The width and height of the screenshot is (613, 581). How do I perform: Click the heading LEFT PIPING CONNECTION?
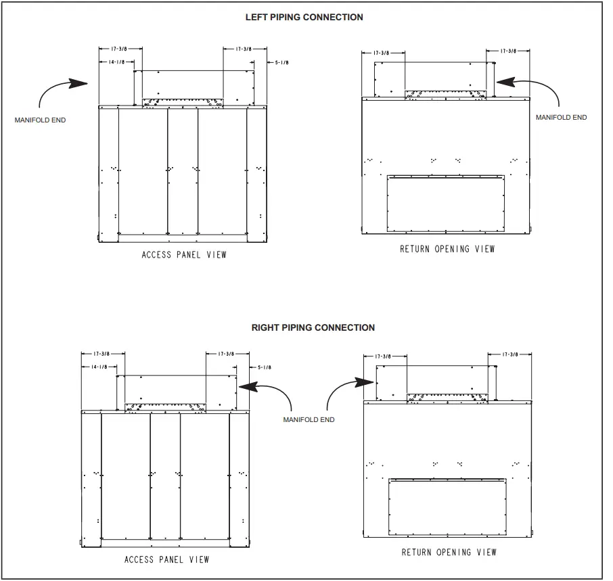click(x=304, y=17)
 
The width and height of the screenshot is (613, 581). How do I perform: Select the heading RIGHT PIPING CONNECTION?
click(x=313, y=327)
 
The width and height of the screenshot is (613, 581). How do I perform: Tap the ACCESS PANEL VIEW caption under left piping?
click(x=184, y=255)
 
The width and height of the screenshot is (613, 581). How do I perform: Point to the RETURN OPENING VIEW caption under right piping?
click(x=449, y=553)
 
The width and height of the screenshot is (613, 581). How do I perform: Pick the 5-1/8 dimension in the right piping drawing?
click(x=264, y=367)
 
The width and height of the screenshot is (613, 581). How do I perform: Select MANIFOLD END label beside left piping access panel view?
click(x=40, y=120)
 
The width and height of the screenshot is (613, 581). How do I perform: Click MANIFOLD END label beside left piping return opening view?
click(x=561, y=117)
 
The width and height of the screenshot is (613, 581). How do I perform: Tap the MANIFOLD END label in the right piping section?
click(x=309, y=420)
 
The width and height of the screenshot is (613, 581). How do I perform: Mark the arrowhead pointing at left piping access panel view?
click(x=82, y=84)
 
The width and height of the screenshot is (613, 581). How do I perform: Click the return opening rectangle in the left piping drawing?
click(x=446, y=202)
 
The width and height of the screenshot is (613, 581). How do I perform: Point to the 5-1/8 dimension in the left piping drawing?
click(x=281, y=62)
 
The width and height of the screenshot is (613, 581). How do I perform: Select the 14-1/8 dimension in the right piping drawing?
click(x=99, y=367)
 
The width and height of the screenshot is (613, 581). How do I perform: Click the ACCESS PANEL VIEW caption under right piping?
click(x=166, y=560)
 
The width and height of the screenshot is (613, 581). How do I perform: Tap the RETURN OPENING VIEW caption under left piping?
click(x=447, y=249)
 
